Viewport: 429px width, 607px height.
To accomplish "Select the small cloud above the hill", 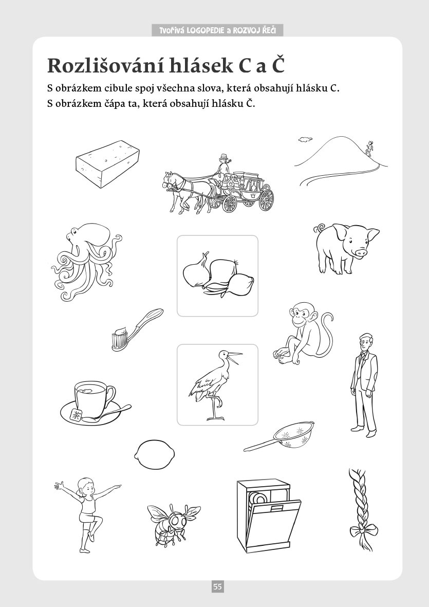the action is click(305, 138).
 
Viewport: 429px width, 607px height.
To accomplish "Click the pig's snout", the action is click(361, 252).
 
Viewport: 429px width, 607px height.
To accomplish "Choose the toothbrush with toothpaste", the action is click(137, 329).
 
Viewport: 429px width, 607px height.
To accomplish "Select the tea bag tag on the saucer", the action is click(76, 415).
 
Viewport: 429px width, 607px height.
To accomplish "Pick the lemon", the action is click(154, 454).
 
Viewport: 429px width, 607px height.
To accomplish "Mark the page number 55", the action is click(217, 586).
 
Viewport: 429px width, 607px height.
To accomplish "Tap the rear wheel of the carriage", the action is click(266, 199).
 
